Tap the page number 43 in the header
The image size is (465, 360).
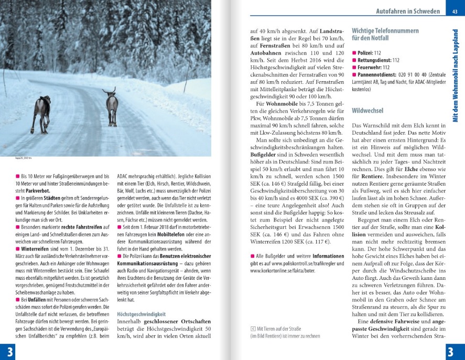[x=453, y=11]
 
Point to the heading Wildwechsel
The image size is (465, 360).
[x=367, y=111]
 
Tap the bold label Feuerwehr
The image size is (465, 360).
[x=370, y=68]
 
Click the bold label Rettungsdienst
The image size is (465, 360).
[x=374, y=60]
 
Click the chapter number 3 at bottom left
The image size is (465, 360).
[x=7, y=351]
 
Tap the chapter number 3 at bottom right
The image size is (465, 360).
[x=455, y=351]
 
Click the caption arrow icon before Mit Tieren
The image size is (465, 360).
[x=253, y=329]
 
